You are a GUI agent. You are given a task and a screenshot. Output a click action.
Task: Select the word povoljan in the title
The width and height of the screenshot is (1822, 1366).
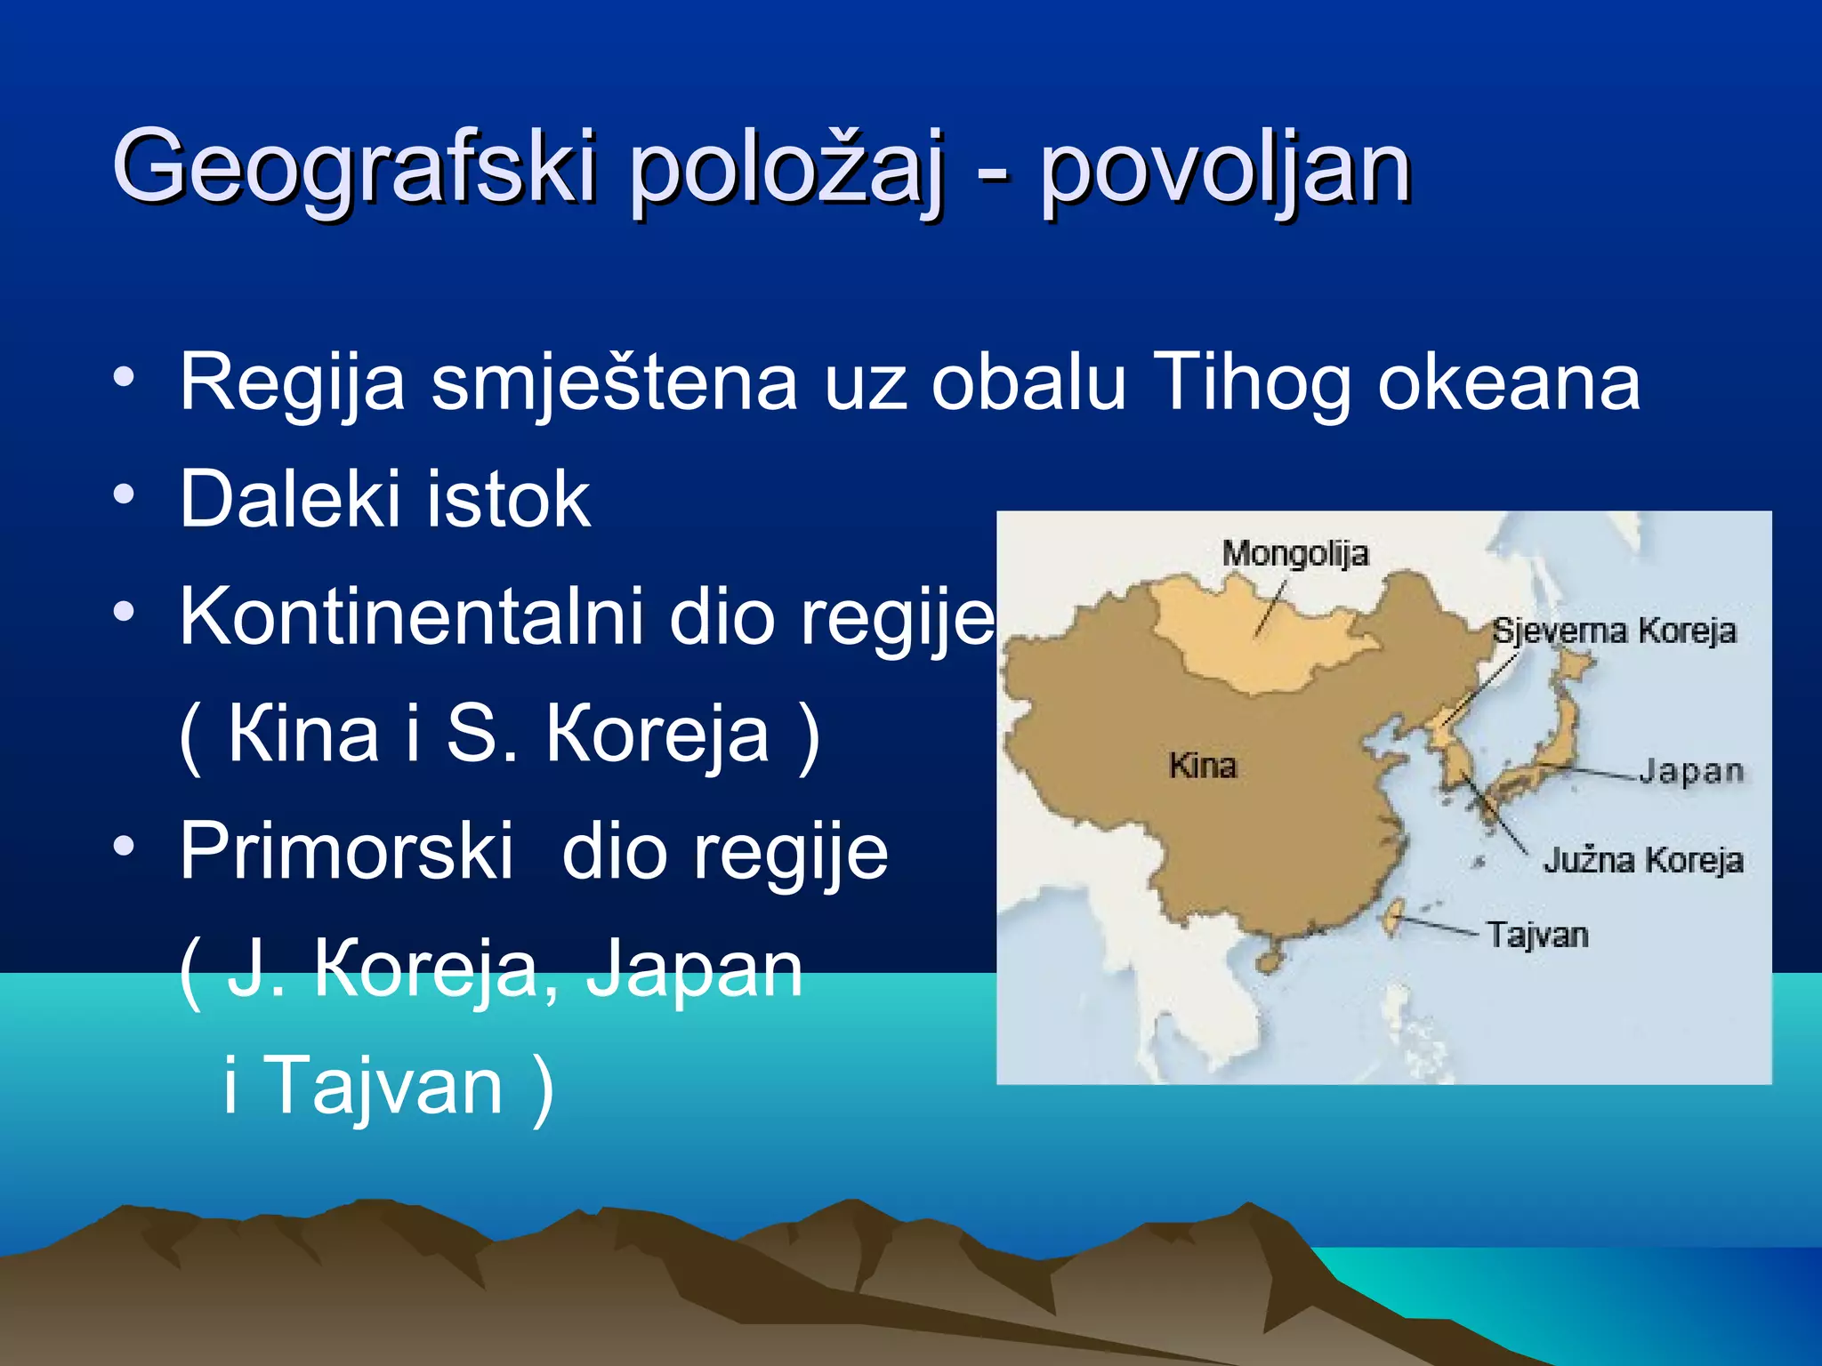(1225, 169)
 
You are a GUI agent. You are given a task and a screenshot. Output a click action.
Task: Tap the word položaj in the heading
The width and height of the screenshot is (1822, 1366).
(785, 169)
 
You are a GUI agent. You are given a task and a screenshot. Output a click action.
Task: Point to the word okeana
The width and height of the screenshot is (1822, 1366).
(1508, 382)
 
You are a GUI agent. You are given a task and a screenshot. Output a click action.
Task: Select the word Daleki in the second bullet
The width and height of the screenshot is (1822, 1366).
(290, 500)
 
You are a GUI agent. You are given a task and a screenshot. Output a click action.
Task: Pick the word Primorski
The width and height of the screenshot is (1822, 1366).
(347, 852)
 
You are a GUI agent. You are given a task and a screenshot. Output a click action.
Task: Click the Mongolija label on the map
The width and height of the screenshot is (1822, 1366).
(1294, 553)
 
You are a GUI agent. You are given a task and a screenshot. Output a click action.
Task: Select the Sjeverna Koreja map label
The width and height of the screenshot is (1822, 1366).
(1613, 631)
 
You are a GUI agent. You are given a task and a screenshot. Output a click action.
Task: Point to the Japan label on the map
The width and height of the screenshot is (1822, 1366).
(1690, 770)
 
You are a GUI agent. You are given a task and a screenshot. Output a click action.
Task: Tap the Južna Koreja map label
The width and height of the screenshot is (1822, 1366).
(1642, 860)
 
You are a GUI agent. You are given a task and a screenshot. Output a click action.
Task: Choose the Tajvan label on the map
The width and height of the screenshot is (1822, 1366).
(1537, 935)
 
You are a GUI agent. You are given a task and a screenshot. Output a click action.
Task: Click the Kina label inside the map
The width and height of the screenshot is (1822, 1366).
(1202, 766)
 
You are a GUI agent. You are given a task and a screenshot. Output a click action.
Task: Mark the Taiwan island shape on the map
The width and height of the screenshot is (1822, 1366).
(1393, 917)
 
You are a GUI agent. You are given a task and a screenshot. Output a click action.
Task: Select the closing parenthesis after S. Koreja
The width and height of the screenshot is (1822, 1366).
(808, 736)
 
